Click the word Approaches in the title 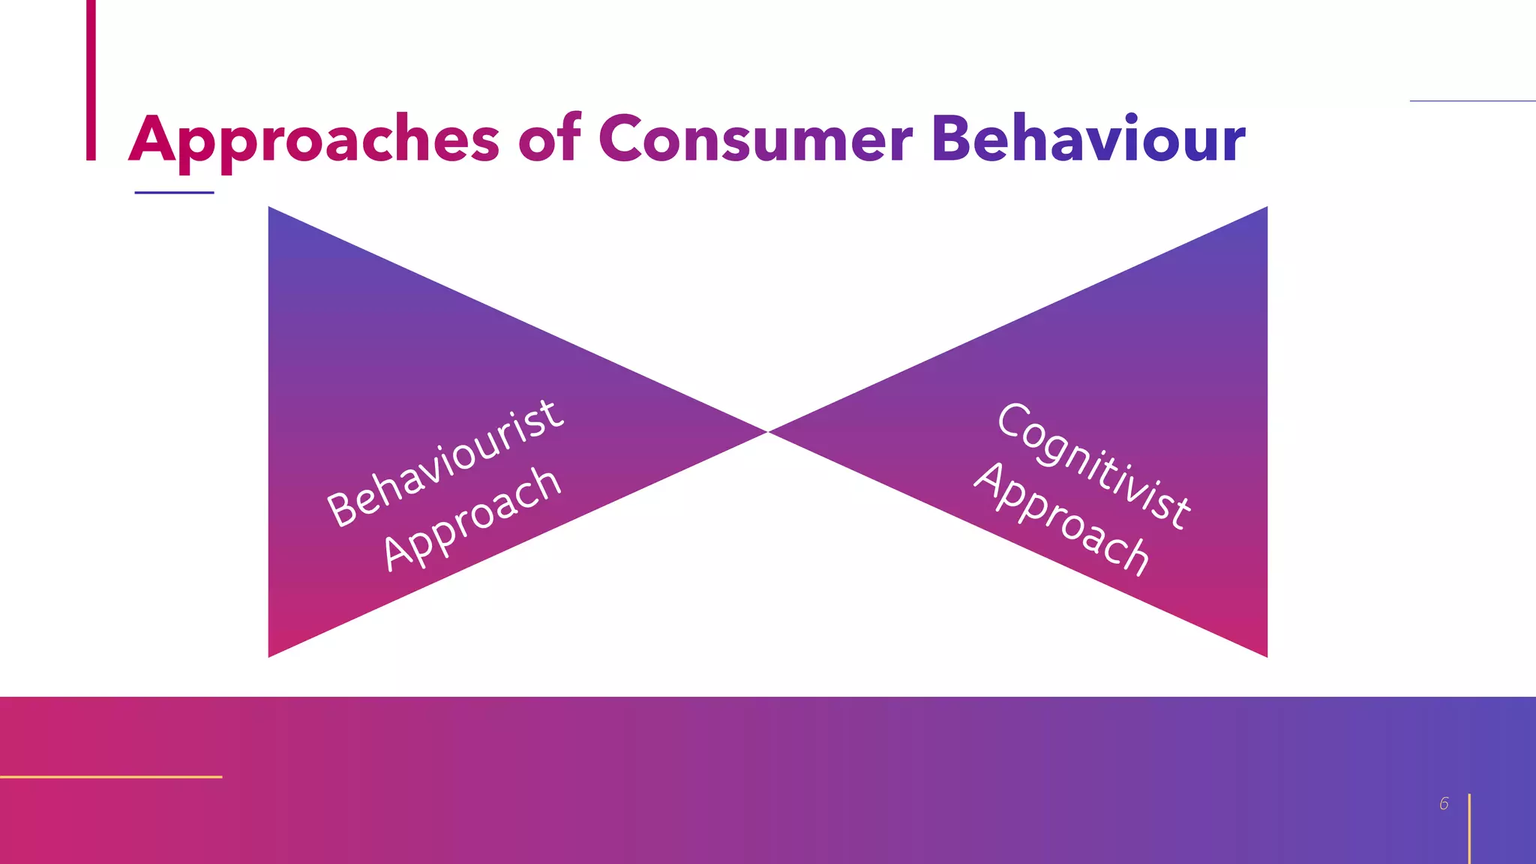pyautogui.click(x=313, y=140)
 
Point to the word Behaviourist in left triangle pyautogui.click(x=445, y=463)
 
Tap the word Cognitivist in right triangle pyautogui.click(x=1093, y=465)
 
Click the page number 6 pyautogui.click(x=1444, y=804)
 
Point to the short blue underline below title pyautogui.click(x=174, y=193)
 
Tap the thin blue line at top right pyautogui.click(x=1472, y=100)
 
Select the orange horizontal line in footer pyautogui.click(x=111, y=777)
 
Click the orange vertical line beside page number pyautogui.click(x=1469, y=829)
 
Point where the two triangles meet pyautogui.click(x=768, y=432)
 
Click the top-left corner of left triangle pyautogui.click(x=271, y=209)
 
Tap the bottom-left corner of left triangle pyautogui.click(x=271, y=655)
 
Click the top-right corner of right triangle pyautogui.click(x=1265, y=209)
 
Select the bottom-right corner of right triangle pyautogui.click(x=1265, y=655)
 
